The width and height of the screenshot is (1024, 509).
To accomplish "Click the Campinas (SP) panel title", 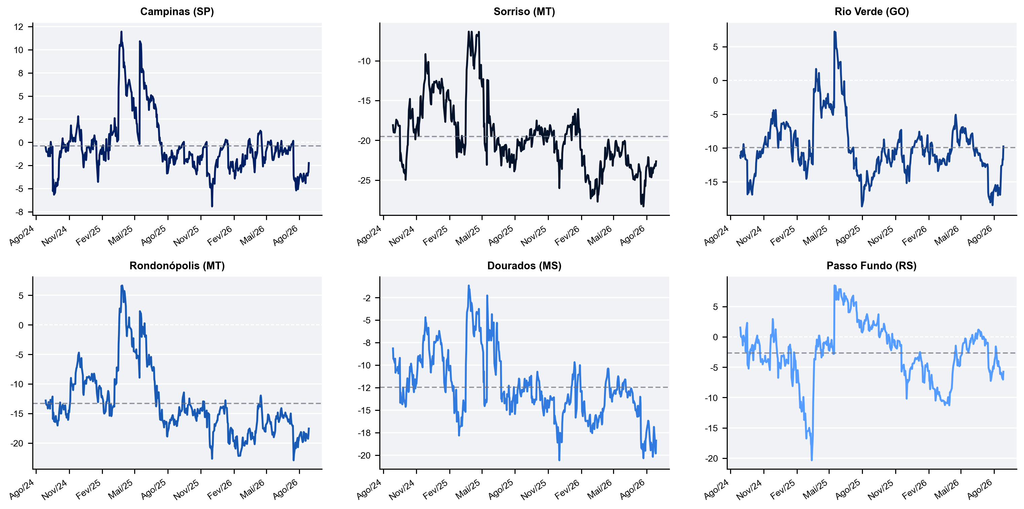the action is (177, 11).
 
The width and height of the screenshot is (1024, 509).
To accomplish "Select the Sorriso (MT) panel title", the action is (524, 11).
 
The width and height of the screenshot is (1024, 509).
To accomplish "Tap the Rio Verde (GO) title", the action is (871, 11).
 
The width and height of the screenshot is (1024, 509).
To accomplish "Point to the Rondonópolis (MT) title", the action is (177, 266).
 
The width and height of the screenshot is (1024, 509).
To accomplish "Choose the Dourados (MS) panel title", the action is (524, 266).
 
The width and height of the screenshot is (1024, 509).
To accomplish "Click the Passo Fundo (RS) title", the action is (871, 266).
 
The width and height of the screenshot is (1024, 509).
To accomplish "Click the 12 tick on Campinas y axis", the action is (19, 27).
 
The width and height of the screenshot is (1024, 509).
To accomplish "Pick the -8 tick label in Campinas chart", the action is (19, 212).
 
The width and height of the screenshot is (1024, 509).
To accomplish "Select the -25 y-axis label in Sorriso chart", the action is (364, 181).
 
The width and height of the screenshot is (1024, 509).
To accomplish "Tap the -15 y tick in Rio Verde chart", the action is (711, 182).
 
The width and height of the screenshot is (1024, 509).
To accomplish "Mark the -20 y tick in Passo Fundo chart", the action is (711, 459).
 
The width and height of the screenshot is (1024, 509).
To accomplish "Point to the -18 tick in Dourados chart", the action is (364, 433).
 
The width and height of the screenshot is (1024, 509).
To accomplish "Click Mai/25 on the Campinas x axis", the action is (121, 235).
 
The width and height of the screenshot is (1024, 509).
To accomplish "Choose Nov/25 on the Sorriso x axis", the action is (533, 235).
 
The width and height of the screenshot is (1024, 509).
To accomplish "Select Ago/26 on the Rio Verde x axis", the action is (980, 235).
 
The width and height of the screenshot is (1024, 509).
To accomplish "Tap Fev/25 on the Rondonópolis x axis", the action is (88, 489).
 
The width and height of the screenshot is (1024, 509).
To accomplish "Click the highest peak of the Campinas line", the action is (121, 32).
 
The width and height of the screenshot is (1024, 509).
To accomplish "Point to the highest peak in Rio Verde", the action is (834, 32).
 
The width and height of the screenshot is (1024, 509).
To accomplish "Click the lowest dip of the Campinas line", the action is (212, 206).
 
